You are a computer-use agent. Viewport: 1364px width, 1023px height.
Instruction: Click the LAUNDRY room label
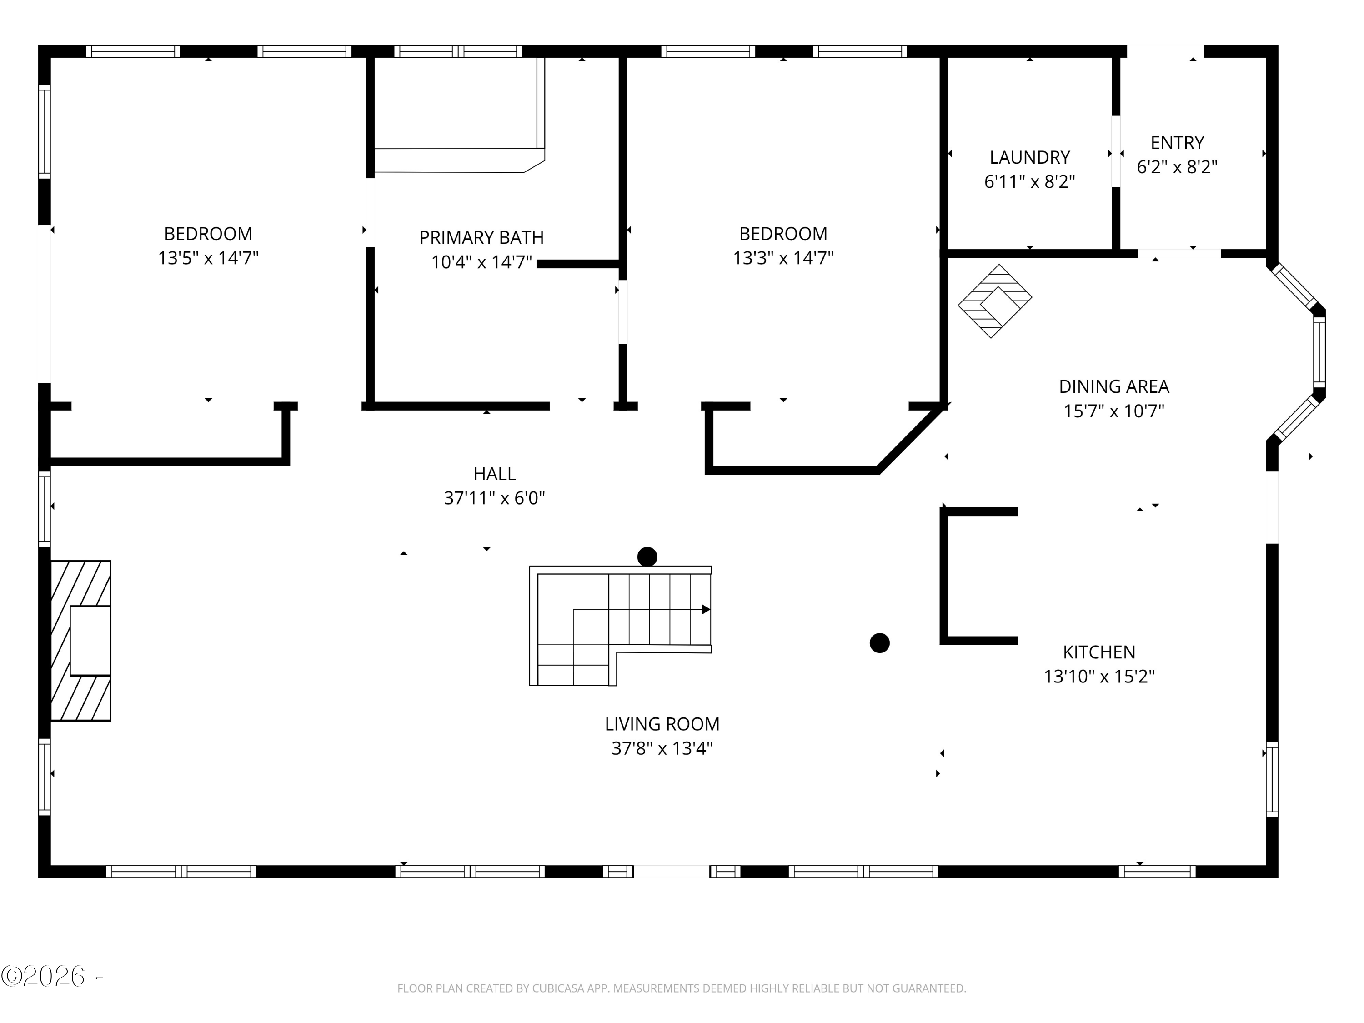coord(1029,158)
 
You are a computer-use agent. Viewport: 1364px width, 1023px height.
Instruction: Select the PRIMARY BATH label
coord(481,237)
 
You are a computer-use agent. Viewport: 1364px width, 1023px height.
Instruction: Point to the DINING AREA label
coord(1113,386)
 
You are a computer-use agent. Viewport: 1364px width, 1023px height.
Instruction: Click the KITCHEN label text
coord(1099,652)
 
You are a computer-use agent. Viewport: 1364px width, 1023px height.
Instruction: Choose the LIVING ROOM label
coord(662,724)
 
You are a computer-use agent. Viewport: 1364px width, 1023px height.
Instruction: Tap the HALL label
coord(495,474)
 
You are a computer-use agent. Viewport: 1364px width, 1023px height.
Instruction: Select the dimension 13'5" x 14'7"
coord(208,258)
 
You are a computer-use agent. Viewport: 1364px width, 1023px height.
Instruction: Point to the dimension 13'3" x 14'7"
coord(783,258)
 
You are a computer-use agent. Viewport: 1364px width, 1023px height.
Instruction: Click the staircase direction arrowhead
coord(706,609)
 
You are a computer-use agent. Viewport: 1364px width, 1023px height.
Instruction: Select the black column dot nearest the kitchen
coord(879,643)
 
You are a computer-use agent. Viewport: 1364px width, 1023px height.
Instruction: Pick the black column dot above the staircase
coord(647,557)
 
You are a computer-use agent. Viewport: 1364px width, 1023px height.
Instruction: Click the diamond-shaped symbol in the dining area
coord(995,301)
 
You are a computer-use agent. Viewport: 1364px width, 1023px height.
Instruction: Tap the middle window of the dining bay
coord(1319,351)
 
